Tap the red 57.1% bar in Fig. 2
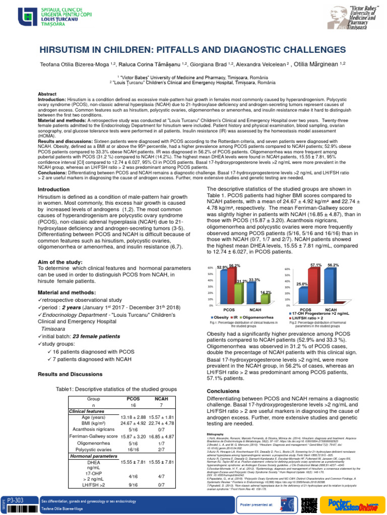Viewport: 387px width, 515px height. [314, 285]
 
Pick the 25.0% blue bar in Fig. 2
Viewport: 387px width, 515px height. [302, 296]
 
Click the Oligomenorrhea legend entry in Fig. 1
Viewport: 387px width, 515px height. [258, 318]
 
